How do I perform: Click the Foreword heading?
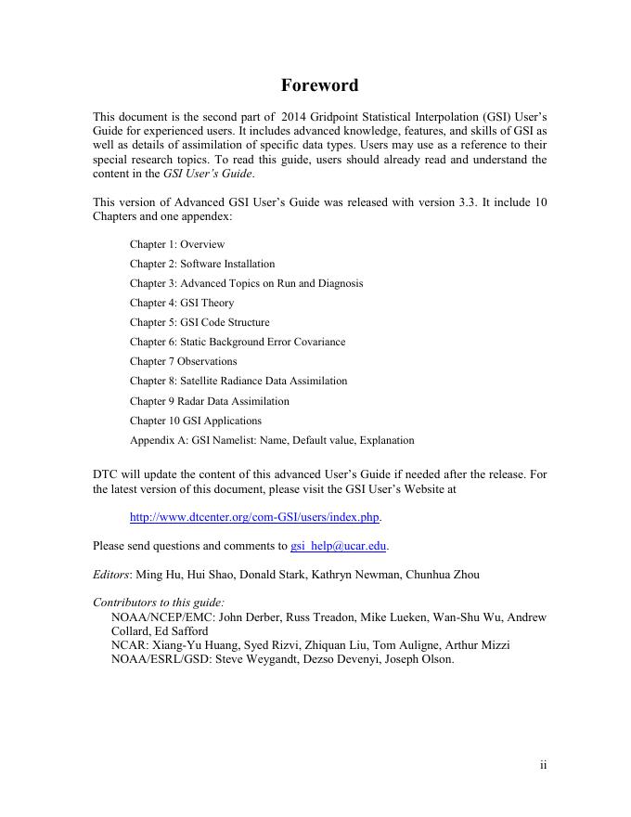click(x=319, y=85)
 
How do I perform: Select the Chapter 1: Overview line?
click(x=177, y=244)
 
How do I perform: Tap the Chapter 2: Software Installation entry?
click(x=202, y=264)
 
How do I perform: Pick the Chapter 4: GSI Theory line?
click(x=182, y=303)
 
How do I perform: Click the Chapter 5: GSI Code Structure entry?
click(x=200, y=322)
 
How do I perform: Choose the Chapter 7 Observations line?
click(x=183, y=361)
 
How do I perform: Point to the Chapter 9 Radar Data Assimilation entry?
click(x=209, y=401)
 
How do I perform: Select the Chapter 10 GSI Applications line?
click(x=196, y=421)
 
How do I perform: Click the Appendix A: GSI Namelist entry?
click(x=272, y=440)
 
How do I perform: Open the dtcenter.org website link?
click(x=255, y=517)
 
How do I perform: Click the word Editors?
click(x=112, y=575)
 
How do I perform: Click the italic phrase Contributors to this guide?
click(x=159, y=603)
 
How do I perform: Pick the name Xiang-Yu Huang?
click(x=202, y=645)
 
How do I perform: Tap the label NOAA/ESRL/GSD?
click(x=152, y=659)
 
